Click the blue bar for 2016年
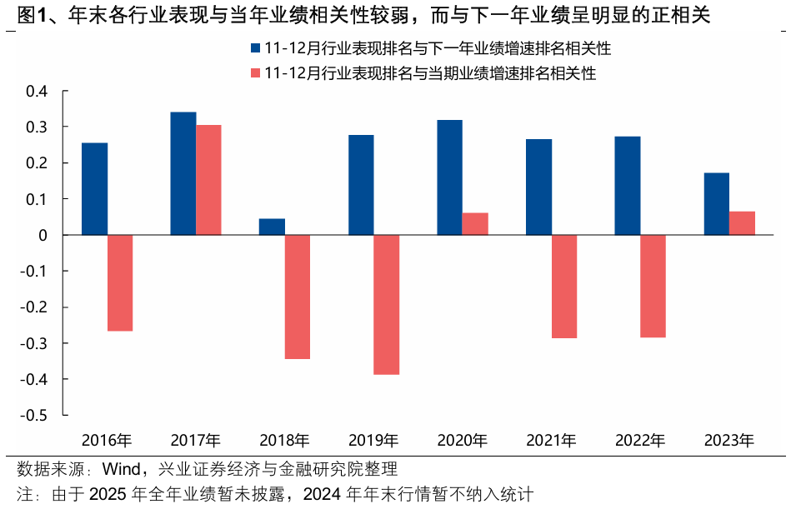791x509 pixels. [x=94, y=189]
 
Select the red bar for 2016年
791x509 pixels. [x=120, y=283]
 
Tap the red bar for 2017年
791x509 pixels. [x=208, y=180]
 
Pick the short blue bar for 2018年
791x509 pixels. [x=272, y=227]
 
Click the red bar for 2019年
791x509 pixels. [x=387, y=305]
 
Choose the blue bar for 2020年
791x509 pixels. [x=449, y=177]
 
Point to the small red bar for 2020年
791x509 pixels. [x=475, y=224]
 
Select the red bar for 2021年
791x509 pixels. [x=564, y=287]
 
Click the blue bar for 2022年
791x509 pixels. [x=628, y=186]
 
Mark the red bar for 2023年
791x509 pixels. [x=742, y=223]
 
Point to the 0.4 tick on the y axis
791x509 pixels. [x=38, y=91]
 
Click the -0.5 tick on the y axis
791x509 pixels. [x=34, y=415]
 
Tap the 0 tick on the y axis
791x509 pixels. [x=43, y=235]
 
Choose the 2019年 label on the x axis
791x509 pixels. [x=373, y=440]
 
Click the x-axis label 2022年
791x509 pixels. [x=640, y=440]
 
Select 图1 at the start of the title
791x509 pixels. [x=22, y=14]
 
